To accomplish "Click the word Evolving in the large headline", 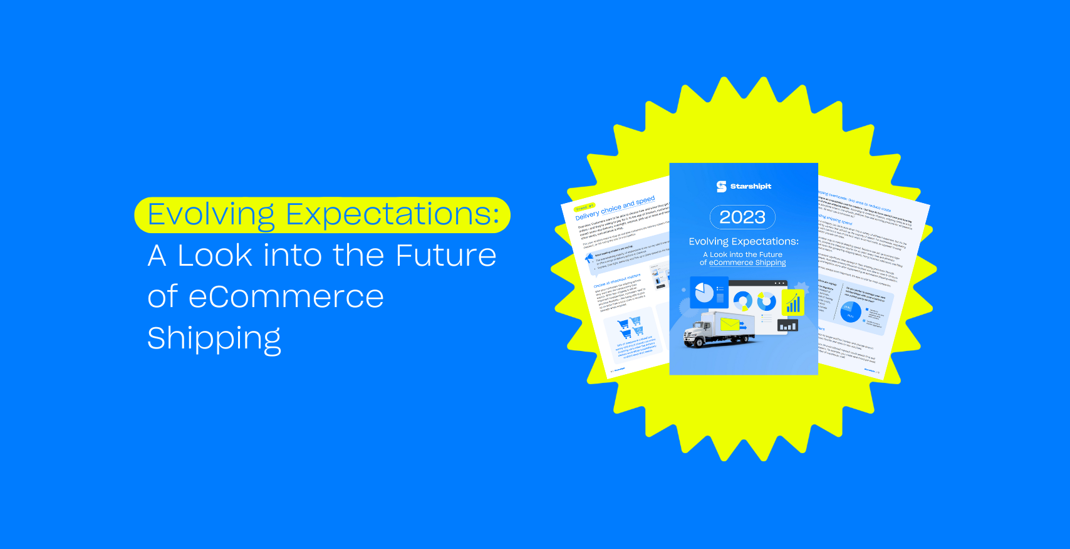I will click(211, 215).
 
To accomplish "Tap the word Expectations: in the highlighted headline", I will click(392, 214).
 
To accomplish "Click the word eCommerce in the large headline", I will click(286, 296).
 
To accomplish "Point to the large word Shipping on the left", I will click(214, 338).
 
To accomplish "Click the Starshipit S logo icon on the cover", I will click(721, 186).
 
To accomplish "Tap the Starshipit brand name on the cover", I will click(751, 186).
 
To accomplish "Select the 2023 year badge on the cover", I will click(742, 217).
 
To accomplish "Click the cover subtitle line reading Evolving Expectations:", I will click(744, 241).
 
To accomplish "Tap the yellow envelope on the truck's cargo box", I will click(729, 324).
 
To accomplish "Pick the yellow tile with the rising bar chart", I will click(793, 303).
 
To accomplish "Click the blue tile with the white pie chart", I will click(705, 293).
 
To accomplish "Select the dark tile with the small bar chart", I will click(787, 326).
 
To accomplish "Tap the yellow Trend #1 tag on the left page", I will click(584, 207).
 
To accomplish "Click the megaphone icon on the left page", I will click(589, 258).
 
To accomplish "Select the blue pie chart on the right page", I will click(850, 311).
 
